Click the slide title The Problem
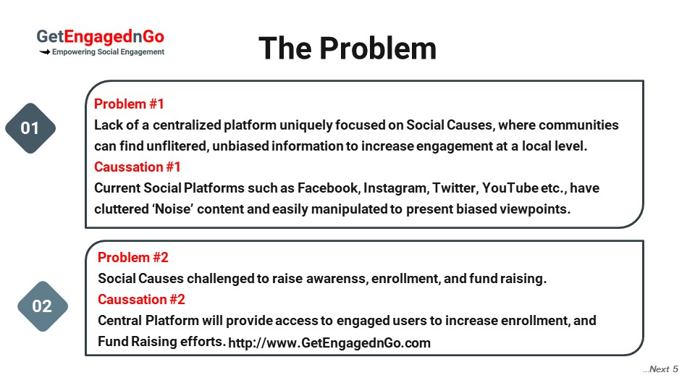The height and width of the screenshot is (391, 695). tap(347, 48)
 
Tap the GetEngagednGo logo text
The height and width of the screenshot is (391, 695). tap(100, 37)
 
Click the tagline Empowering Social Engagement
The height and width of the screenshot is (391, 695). tap(108, 52)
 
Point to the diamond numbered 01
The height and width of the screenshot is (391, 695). tap(30, 128)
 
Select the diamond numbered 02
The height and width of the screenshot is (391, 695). tap(43, 306)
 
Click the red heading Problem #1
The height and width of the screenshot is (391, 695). tap(129, 104)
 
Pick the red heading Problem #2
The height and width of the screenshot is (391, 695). tap(133, 257)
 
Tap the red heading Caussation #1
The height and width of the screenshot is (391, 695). tap(138, 167)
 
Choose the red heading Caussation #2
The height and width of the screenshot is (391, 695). tap(141, 299)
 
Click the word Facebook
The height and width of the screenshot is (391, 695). tap(327, 188)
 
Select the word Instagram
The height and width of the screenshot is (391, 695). tap(396, 188)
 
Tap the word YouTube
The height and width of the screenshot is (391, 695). tap(510, 188)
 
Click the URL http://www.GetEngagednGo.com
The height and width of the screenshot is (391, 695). tap(329, 342)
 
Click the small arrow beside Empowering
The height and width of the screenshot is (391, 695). tap(45, 52)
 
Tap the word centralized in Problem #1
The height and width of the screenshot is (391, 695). tap(187, 125)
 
